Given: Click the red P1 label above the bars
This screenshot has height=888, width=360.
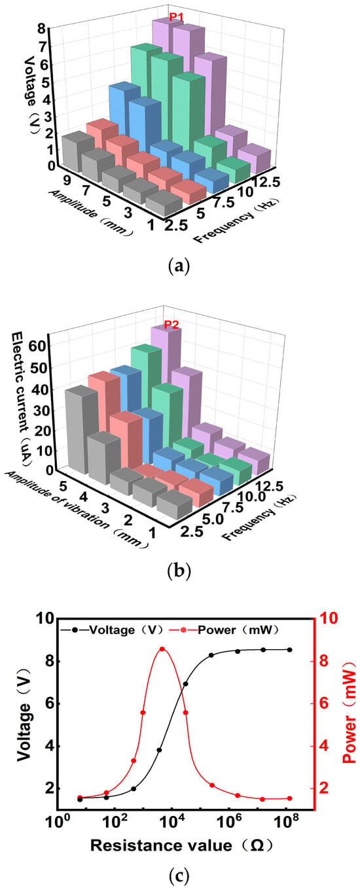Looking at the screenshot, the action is click(175, 17).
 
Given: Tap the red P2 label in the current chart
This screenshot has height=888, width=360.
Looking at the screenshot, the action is click(171, 325).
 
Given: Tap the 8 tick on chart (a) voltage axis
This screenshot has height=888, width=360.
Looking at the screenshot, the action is click(41, 27).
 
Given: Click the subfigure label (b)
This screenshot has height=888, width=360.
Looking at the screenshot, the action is click(179, 571).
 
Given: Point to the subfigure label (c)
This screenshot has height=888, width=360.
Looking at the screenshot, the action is click(176, 874).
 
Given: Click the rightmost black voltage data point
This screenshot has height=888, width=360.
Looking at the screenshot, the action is click(289, 650).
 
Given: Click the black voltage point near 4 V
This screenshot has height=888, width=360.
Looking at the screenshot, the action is click(160, 750).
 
